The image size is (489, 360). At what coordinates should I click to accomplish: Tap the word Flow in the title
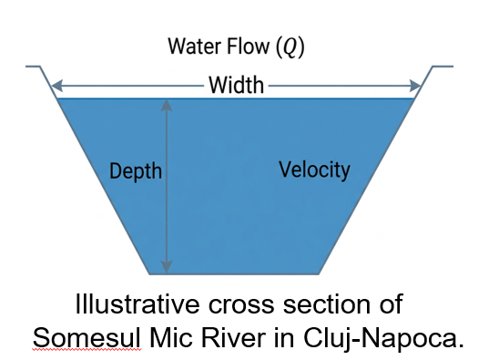248,46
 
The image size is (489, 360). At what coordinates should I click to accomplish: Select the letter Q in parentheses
290,47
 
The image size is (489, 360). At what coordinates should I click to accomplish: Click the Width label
237,85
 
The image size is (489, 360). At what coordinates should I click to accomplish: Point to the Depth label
136,171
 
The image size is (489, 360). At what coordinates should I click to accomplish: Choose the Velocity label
315,170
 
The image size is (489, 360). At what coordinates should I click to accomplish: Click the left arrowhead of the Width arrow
57,86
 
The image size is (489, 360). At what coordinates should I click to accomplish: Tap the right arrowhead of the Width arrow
415,86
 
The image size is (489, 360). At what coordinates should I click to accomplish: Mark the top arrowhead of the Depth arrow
167,106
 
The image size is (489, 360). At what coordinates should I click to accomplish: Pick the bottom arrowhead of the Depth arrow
167,268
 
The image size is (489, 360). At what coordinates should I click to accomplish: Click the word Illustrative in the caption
138,304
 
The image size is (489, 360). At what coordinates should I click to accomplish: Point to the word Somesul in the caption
87,337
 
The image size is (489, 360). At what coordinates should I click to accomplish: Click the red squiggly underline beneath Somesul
87,350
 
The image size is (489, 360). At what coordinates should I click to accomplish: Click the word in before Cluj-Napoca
284,337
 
